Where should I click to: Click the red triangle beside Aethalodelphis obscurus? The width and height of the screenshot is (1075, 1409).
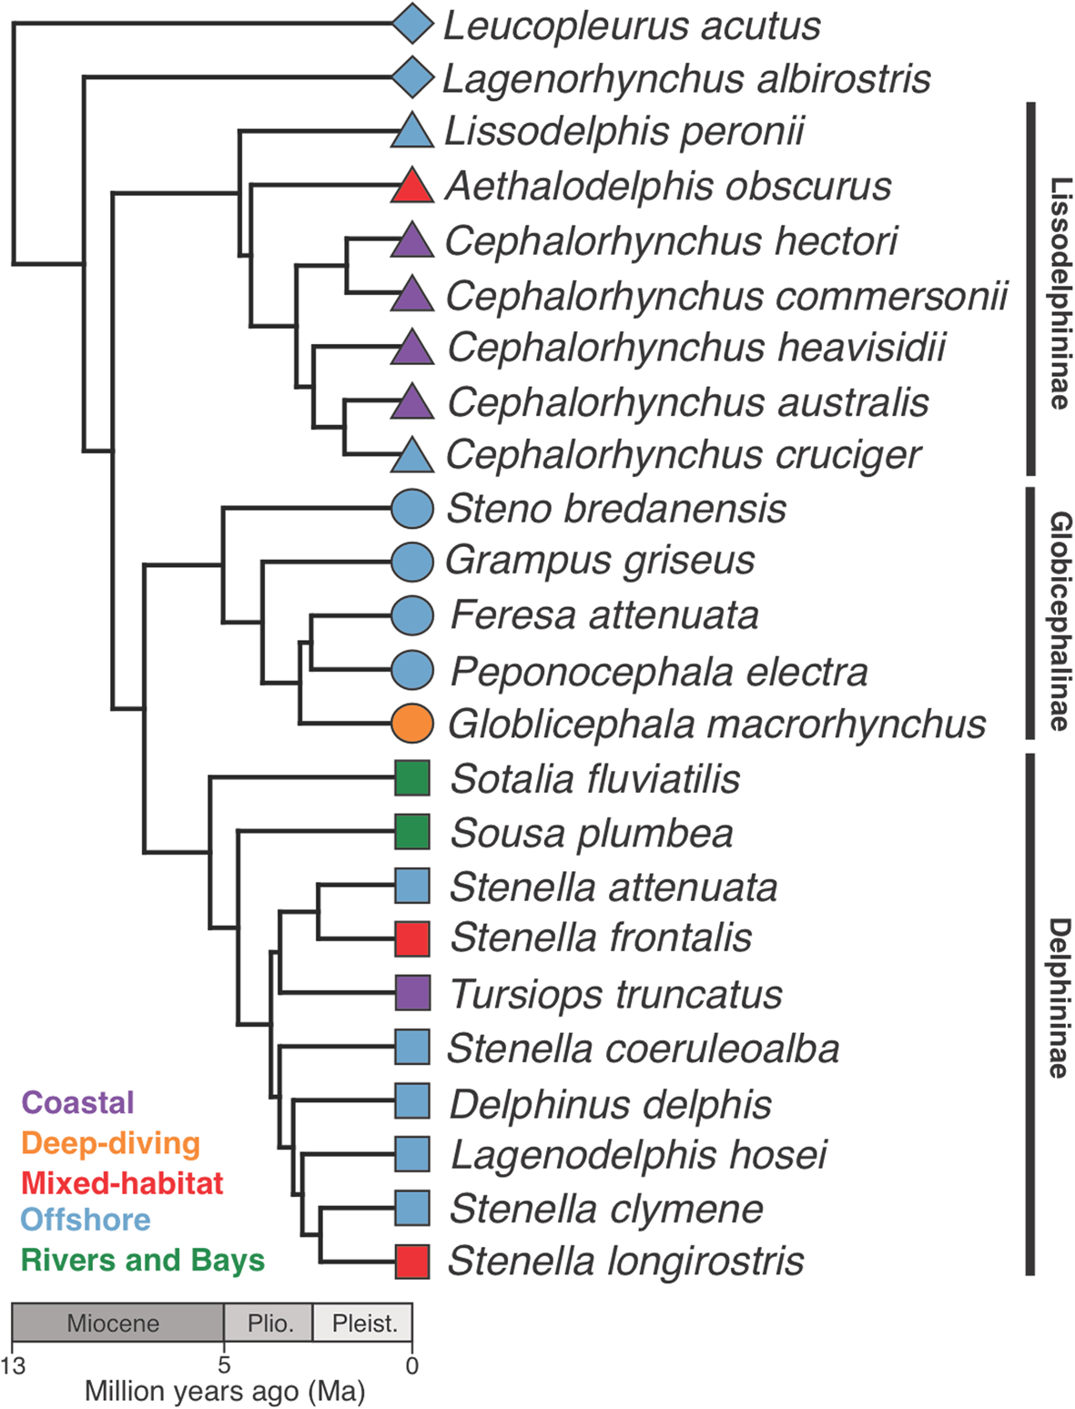coord(411,188)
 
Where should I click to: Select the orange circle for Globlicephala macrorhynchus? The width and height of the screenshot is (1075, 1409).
coord(411,725)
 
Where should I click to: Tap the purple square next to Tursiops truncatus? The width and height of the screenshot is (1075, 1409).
coord(412,993)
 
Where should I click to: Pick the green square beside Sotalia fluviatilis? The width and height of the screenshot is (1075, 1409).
coord(412,779)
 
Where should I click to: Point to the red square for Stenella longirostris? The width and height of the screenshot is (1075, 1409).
coord(412,1262)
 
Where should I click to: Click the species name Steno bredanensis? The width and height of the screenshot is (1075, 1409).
coord(616,509)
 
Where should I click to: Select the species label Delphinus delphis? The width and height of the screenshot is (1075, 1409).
coord(611,1104)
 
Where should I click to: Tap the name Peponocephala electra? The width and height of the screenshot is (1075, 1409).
coord(659,672)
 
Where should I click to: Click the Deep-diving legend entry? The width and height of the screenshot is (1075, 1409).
coord(110,1143)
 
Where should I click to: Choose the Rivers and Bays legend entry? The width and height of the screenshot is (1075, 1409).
coord(143,1261)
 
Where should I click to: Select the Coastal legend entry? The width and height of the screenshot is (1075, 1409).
coord(78,1103)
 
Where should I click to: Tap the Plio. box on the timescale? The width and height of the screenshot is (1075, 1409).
coord(269,1323)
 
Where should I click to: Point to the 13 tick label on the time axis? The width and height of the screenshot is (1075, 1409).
coord(14,1365)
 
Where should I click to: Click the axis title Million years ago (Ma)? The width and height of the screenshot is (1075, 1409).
coord(225,1392)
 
